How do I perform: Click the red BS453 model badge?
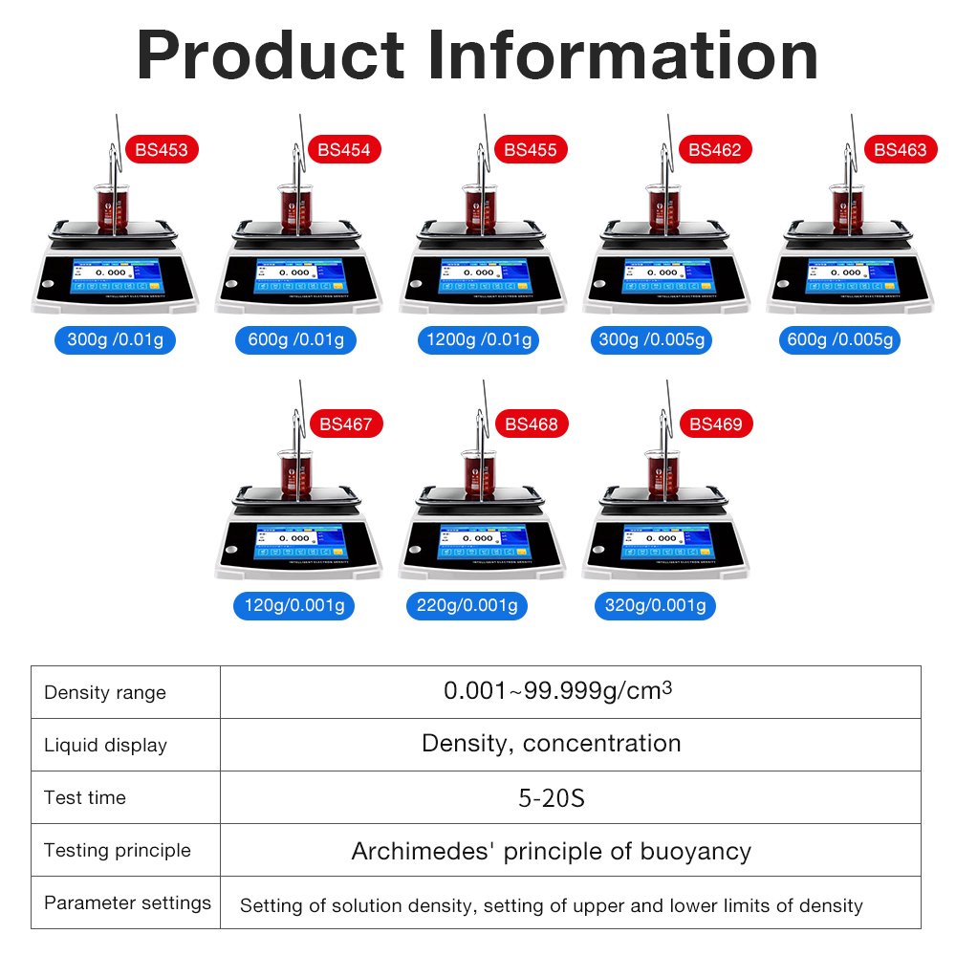162,149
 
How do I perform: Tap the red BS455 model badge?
530,149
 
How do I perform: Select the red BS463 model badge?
900,149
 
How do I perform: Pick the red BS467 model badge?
345,424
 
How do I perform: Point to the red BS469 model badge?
715,424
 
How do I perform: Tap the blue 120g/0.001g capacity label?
293,605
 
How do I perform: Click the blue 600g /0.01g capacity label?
294,339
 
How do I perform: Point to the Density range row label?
105,693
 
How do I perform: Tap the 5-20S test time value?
551,797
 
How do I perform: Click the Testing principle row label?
117,850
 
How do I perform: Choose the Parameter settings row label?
127,902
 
